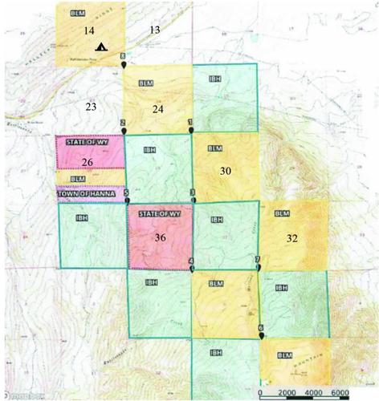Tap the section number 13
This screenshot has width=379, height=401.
tap(156, 30)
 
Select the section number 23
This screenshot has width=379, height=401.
tap(91, 106)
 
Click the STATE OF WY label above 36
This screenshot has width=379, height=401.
tap(159, 215)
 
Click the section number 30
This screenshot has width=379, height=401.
tap(225, 171)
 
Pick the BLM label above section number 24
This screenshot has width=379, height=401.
tap(145, 83)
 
